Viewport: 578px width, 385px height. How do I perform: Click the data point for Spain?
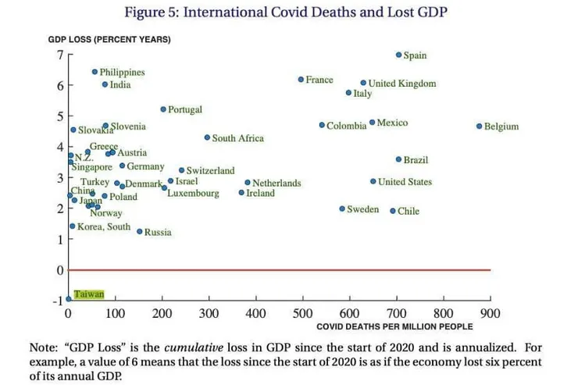click(398, 55)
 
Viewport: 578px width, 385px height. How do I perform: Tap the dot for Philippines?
click(95, 72)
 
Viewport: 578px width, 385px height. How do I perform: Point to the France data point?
click(301, 80)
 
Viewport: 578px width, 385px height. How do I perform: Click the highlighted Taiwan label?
click(88, 294)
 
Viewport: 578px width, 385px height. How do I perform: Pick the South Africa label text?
click(238, 138)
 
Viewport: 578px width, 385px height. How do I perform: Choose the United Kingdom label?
click(402, 84)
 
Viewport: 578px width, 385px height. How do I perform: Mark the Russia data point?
click(140, 231)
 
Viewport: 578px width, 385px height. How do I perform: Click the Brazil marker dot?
click(398, 159)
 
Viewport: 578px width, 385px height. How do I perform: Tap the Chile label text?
click(409, 211)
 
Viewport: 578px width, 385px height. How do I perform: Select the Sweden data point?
click(342, 209)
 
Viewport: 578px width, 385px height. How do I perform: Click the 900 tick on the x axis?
click(491, 313)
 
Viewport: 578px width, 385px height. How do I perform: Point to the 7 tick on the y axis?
click(58, 55)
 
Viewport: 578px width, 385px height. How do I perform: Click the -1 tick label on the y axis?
click(56, 301)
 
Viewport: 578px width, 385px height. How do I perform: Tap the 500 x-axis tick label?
click(302, 313)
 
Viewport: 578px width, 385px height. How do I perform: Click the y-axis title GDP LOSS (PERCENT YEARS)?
click(109, 39)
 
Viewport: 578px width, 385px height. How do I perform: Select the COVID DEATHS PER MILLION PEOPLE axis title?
click(394, 326)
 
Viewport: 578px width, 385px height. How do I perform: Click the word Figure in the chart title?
click(144, 12)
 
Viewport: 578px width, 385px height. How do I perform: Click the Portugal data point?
click(163, 109)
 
